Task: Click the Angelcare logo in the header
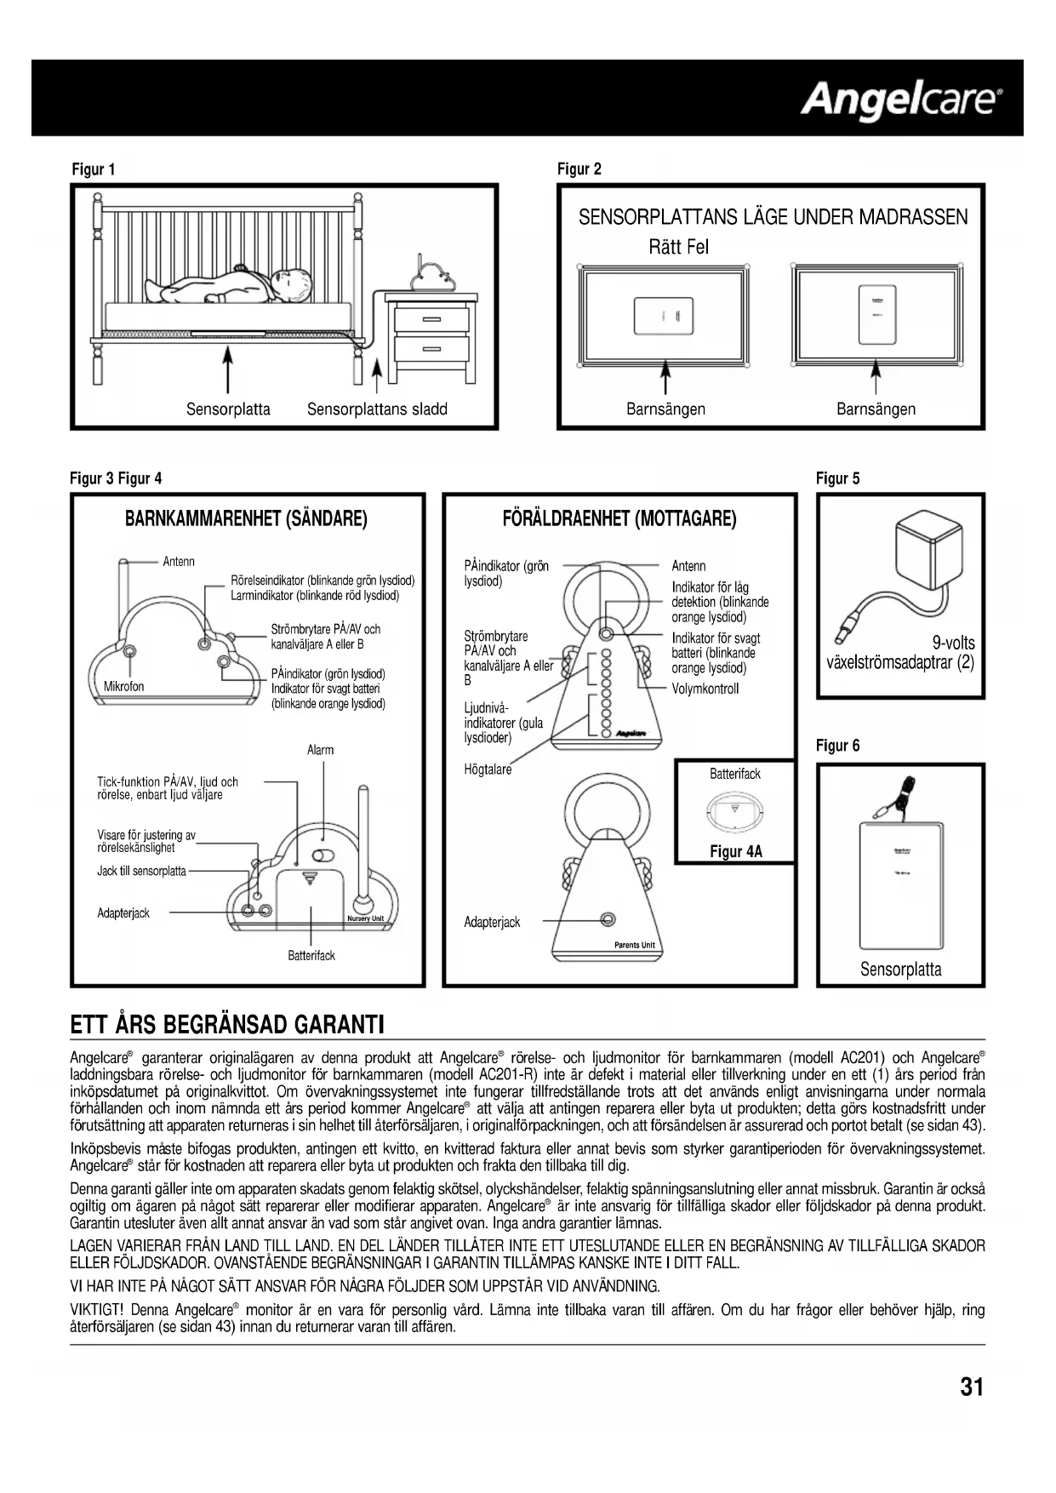(x=900, y=100)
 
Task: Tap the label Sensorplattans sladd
(x=377, y=409)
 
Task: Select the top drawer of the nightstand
(x=432, y=319)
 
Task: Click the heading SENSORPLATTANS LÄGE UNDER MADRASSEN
(x=773, y=217)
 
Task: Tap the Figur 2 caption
(x=579, y=169)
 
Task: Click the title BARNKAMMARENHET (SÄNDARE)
(x=246, y=518)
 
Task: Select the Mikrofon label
(x=123, y=686)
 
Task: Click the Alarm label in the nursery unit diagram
(x=320, y=750)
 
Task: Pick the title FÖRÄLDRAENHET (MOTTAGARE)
(x=619, y=518)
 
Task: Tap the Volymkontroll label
(x=705, y=689)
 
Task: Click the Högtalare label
(x=488, y=769)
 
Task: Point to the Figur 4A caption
(x=736, y=851)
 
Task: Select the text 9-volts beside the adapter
(x=953, y=643)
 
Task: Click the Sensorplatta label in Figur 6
(x=900, y=970)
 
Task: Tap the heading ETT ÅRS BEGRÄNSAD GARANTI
(x=227, y=1024)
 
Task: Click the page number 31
(x=971, y=1387)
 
